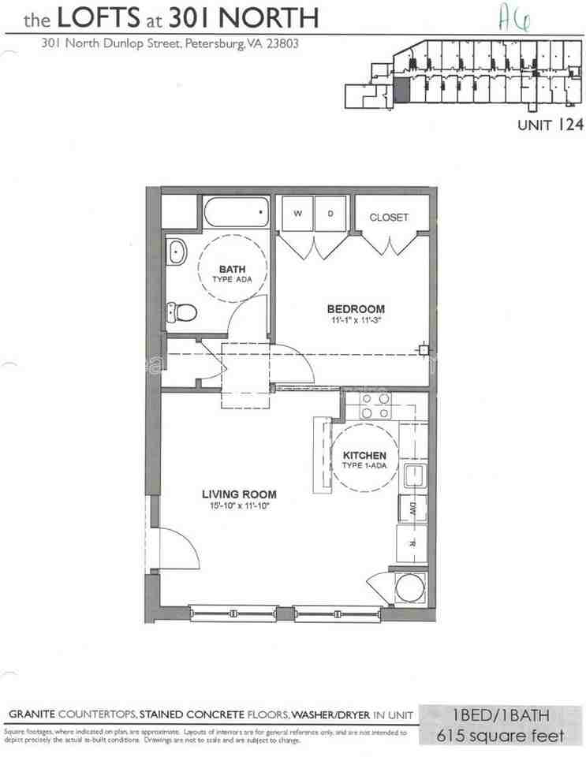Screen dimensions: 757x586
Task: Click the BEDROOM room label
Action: point(356,308)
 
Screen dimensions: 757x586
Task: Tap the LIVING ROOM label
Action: point(239,494)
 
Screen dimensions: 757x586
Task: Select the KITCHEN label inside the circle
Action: point(364,456)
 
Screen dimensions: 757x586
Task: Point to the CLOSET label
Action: point(389,217)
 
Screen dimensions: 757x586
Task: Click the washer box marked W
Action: point(299,214)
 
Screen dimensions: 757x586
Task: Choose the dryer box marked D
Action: point(330,214)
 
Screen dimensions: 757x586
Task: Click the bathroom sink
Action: point(177,253)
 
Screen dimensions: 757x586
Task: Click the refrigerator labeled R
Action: point(412,543)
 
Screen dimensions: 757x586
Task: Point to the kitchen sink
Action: point(412,475)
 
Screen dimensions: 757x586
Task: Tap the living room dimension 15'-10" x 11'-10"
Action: point(239,506)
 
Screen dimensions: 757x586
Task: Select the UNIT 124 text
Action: point(550,124)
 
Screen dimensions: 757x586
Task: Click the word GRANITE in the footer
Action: point(32,714)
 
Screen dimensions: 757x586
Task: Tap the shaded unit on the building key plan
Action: point(401,89)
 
